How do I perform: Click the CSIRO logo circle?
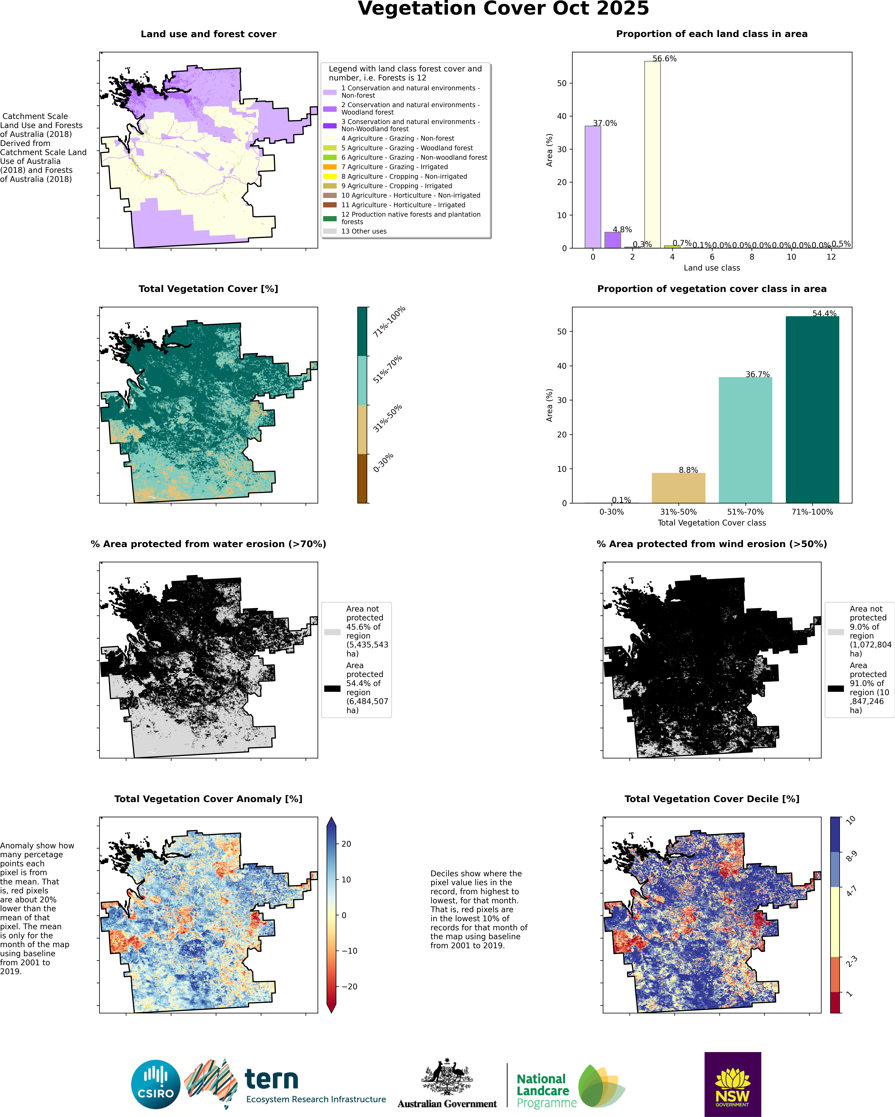[155, 1084]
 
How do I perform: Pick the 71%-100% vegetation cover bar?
[812, 409]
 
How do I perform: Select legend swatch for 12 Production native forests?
[330, 218]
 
